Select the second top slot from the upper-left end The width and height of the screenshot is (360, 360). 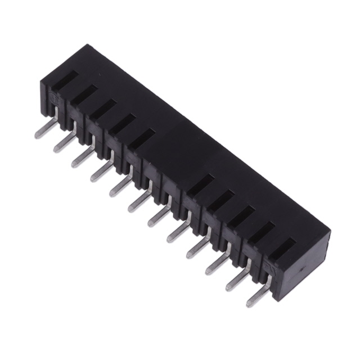(x=82, y=94)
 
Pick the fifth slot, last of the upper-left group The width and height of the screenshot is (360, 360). (x=141, y=136)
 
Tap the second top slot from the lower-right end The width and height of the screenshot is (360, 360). (x=262, y=232)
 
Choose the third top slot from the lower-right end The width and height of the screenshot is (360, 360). (x=242, y=217)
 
